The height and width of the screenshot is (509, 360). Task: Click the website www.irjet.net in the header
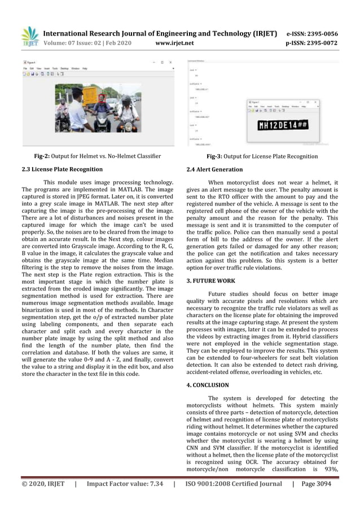pos(174,43)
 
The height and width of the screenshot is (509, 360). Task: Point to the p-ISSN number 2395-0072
pos(318,43)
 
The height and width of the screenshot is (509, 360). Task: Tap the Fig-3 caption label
pos(218,156)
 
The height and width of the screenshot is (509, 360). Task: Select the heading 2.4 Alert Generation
pos(214,169)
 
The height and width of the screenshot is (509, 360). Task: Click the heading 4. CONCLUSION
pos(208,385)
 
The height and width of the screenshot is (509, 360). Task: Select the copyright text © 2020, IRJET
pos(43,484)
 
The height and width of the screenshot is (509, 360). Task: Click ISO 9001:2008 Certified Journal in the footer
pos(234,484)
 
